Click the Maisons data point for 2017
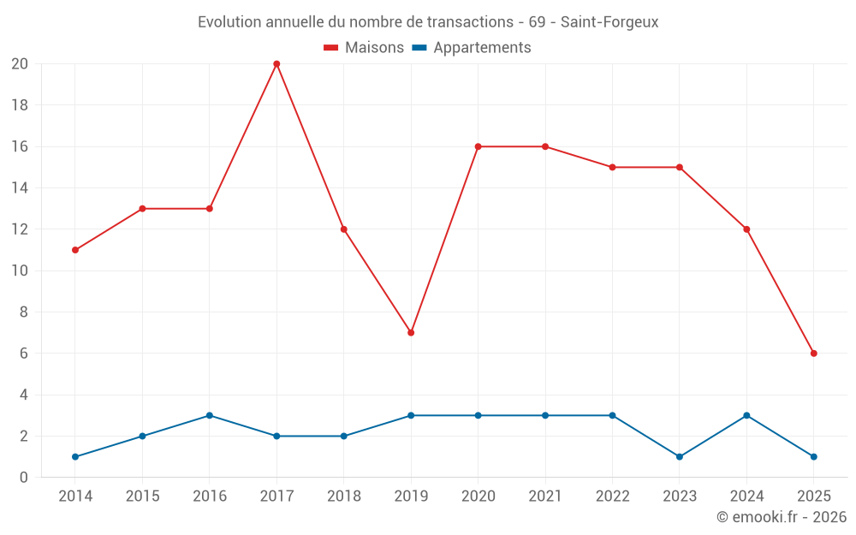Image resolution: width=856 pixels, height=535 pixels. point(276,64)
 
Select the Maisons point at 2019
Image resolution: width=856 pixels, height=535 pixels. point(411,332)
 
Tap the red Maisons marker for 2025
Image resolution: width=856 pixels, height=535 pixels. point(813,354)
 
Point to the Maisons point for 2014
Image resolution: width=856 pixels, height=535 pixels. point(75,250)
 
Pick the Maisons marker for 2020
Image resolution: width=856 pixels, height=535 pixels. point(478,146)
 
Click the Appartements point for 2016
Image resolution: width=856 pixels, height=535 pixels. point(210,415)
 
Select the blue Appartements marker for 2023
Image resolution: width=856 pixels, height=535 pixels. point(680,456)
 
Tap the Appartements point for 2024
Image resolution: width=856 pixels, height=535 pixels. point(746,415)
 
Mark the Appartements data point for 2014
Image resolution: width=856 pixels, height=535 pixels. point(75,456)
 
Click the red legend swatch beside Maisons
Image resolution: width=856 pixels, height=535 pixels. point(331,48)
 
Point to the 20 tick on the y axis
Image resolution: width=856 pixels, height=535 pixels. point(20,64)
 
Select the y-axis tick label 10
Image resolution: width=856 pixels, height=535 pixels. point(20,270)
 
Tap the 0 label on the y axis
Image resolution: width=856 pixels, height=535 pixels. point(24,477)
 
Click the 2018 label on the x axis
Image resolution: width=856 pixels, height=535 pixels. point(343,496)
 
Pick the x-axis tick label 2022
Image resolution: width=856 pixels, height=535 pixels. point(612,496)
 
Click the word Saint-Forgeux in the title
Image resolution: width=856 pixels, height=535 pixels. point(609,22)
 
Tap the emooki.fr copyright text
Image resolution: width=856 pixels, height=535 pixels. point(782,517)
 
